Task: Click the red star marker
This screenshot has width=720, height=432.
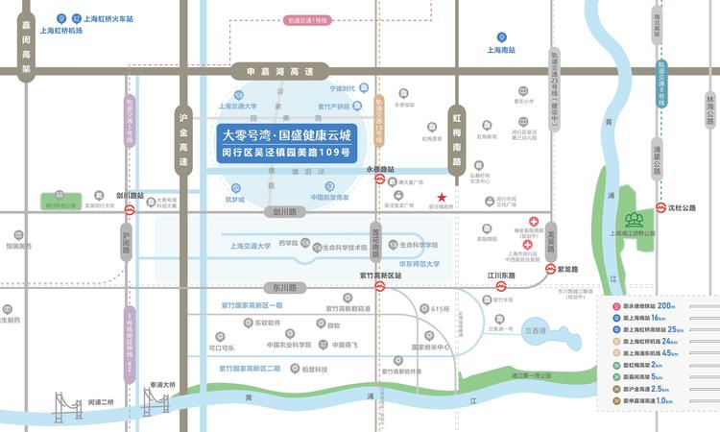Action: (x=455, y=197)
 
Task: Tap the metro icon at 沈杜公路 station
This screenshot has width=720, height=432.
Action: (x=661, y=207)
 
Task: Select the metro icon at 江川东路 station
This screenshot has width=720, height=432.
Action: (x=501, y=287)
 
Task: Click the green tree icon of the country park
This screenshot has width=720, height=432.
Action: (x=634, y=220)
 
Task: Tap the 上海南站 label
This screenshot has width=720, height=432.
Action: (x=501, y=50)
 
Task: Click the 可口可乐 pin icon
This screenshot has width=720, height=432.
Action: (x=215, y=336)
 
